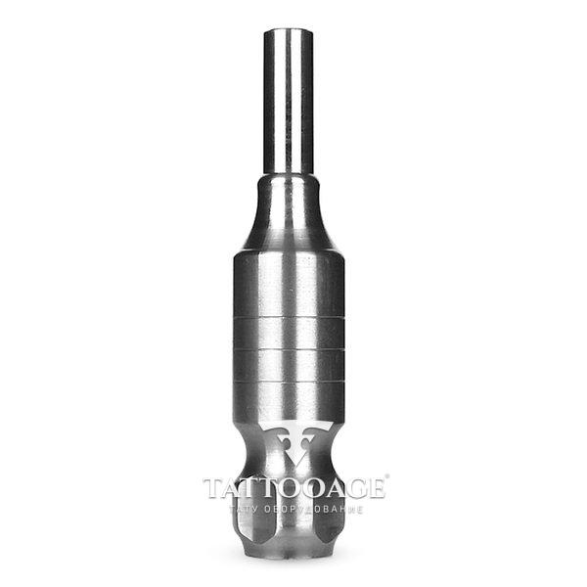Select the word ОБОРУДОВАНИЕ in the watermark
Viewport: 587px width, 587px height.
313,510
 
